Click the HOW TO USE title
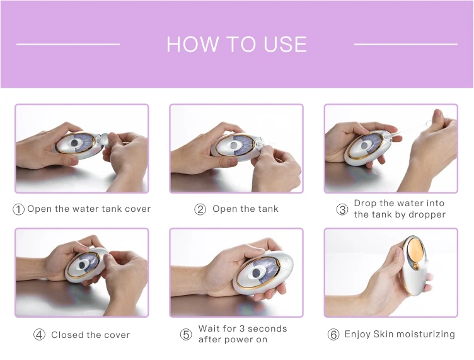[x=236, y=44]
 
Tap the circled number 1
[x=19, y=209]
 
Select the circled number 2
[x=200, y=209]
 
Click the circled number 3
[x=342, y=209]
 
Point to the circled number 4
[x=39, y=335]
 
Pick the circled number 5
[x=186, y=335]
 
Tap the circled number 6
[x=333, y=335]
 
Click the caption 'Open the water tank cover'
[x=89, y=209]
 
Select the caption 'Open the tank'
[x=245, y=209]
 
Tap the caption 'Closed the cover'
[x=90, y=335]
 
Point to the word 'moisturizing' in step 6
[x=424, y=334]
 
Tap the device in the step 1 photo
[x=79, y=143]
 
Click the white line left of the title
[x=68, y=44]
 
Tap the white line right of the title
[x=405, y=44]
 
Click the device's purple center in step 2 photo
[x=234, y=145]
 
